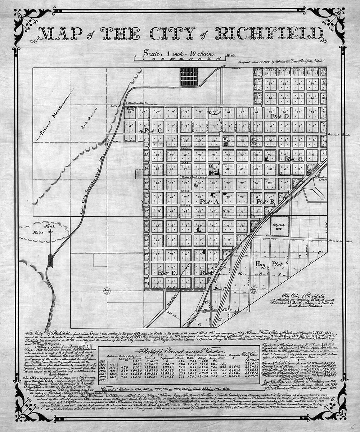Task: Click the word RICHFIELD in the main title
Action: point(269,33)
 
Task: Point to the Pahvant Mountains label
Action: point(53,118)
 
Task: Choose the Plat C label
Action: point(292,159)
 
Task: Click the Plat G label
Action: point(152,130)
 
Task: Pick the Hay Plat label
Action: point(269,264)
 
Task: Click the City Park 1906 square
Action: point(279,226)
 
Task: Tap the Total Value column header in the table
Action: point(250,355)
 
